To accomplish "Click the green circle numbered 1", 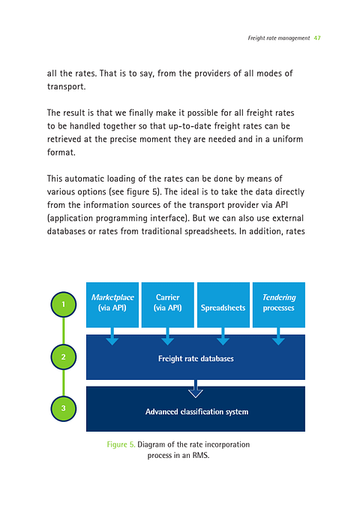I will point(65,305).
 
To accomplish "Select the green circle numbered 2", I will point(65,357).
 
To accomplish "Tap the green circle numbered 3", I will point(65,408).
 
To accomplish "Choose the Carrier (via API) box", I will point(167,304).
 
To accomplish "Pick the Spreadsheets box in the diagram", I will point(223,305).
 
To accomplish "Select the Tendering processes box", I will point(278,304).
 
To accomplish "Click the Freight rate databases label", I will point(196,359).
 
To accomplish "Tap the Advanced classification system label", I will point(196,411).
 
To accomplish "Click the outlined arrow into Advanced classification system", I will point(196,390).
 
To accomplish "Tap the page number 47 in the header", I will point(317,38).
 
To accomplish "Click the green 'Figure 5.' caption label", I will point(121,445).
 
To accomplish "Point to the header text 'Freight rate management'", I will point(277,38).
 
